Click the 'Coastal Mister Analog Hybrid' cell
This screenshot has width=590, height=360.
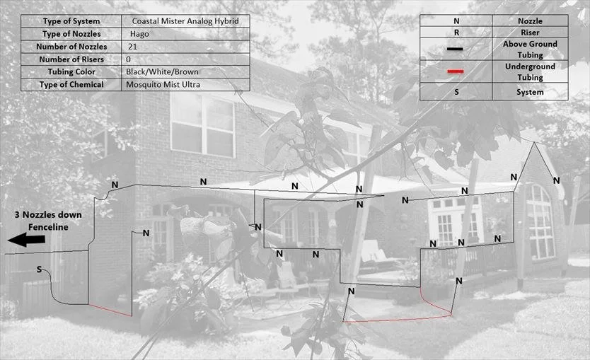coord(185,21)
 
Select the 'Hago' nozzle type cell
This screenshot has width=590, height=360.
coord(139,34)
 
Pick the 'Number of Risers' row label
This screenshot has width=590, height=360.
coord(71,59)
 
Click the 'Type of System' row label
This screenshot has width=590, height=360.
coord(71,21)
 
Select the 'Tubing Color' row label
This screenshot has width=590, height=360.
coord(71,72)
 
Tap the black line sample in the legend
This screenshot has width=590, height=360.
coord(456,49)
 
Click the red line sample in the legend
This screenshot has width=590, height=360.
coord(456,71)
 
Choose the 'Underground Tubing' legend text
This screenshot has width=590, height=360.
coord(530,72)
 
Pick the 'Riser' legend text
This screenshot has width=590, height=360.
coord(530,33)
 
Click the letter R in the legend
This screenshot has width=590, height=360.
coord(456,33)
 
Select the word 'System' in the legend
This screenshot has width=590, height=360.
coord(530,92)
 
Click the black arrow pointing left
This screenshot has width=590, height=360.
coord(26,240)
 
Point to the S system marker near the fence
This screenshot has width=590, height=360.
coord(40,269)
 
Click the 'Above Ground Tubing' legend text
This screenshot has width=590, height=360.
coord(530,50)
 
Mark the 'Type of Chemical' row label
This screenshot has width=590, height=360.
coord(71,85)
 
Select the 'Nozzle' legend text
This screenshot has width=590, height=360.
coord(530,21)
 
